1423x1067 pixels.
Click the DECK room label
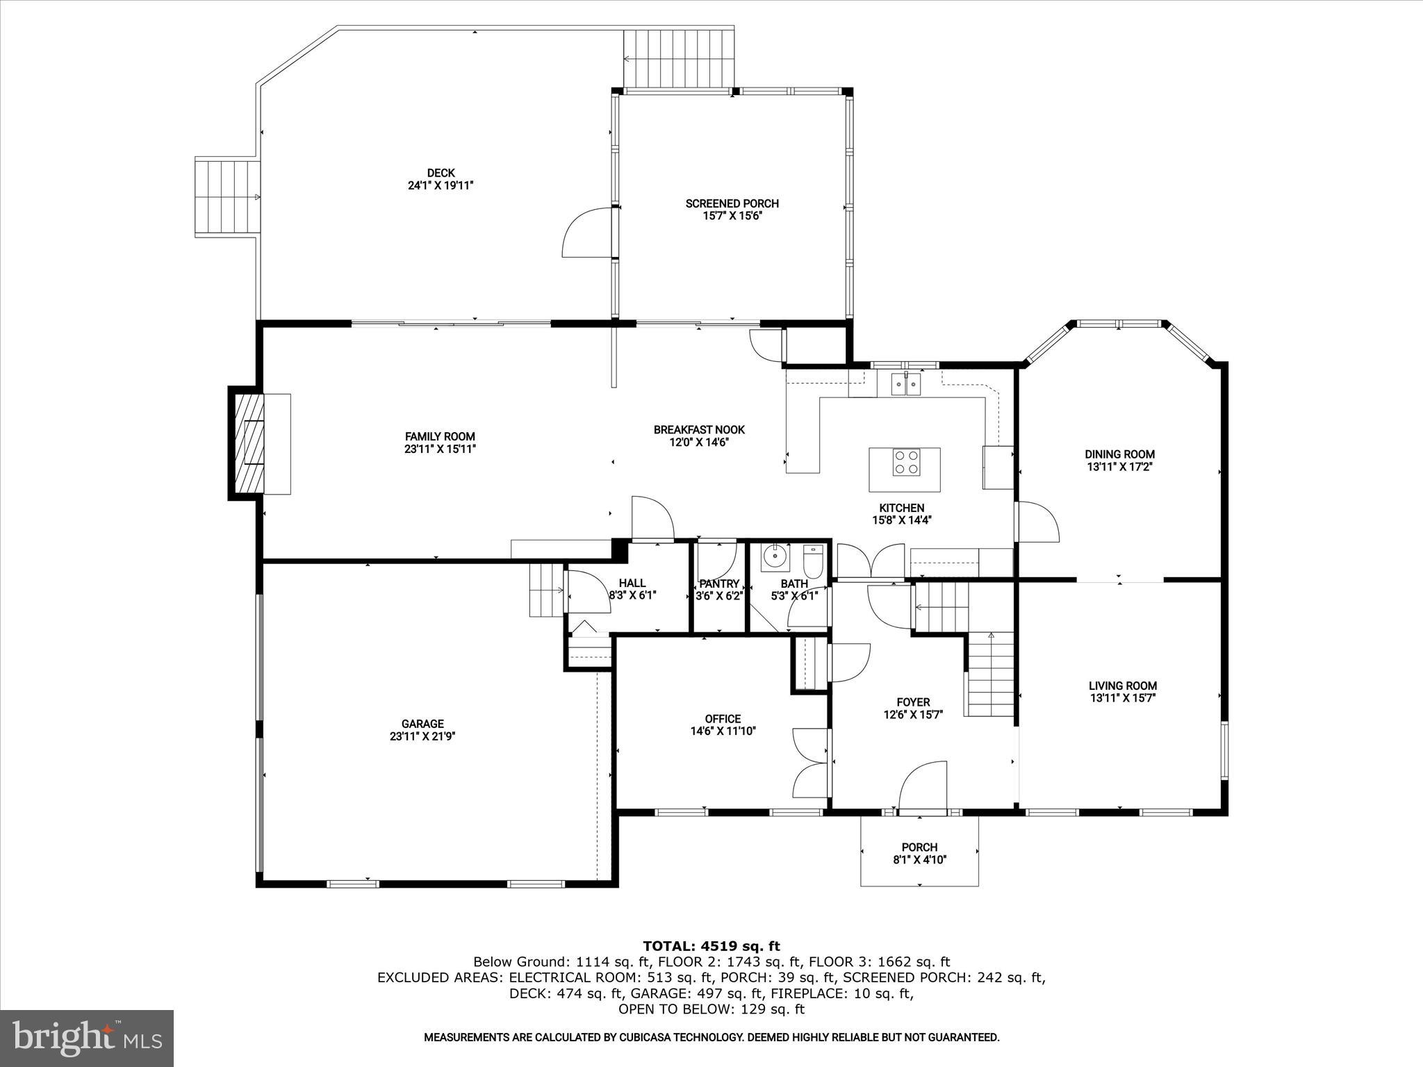point(441,173)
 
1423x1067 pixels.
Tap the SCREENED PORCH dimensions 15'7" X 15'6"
point(732,216)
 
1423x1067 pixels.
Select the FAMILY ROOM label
point(440,436)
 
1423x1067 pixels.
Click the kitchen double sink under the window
point(905,383)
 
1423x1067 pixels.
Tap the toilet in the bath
point(813,559)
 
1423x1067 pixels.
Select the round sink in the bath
point(775,556)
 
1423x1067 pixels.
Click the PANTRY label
point(719,584)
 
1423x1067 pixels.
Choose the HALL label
point(632,583)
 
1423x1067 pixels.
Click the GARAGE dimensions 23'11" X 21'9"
point(422,736)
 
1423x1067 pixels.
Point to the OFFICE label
point(723,718)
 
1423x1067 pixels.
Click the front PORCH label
point(919,847)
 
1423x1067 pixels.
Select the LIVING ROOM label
point(1122,686)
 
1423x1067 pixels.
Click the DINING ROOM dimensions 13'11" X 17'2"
point(1119,467)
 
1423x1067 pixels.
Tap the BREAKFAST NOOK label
point(698,429)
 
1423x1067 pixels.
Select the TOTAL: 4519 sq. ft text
point(711,946)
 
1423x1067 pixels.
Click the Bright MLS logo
point(87,1038)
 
